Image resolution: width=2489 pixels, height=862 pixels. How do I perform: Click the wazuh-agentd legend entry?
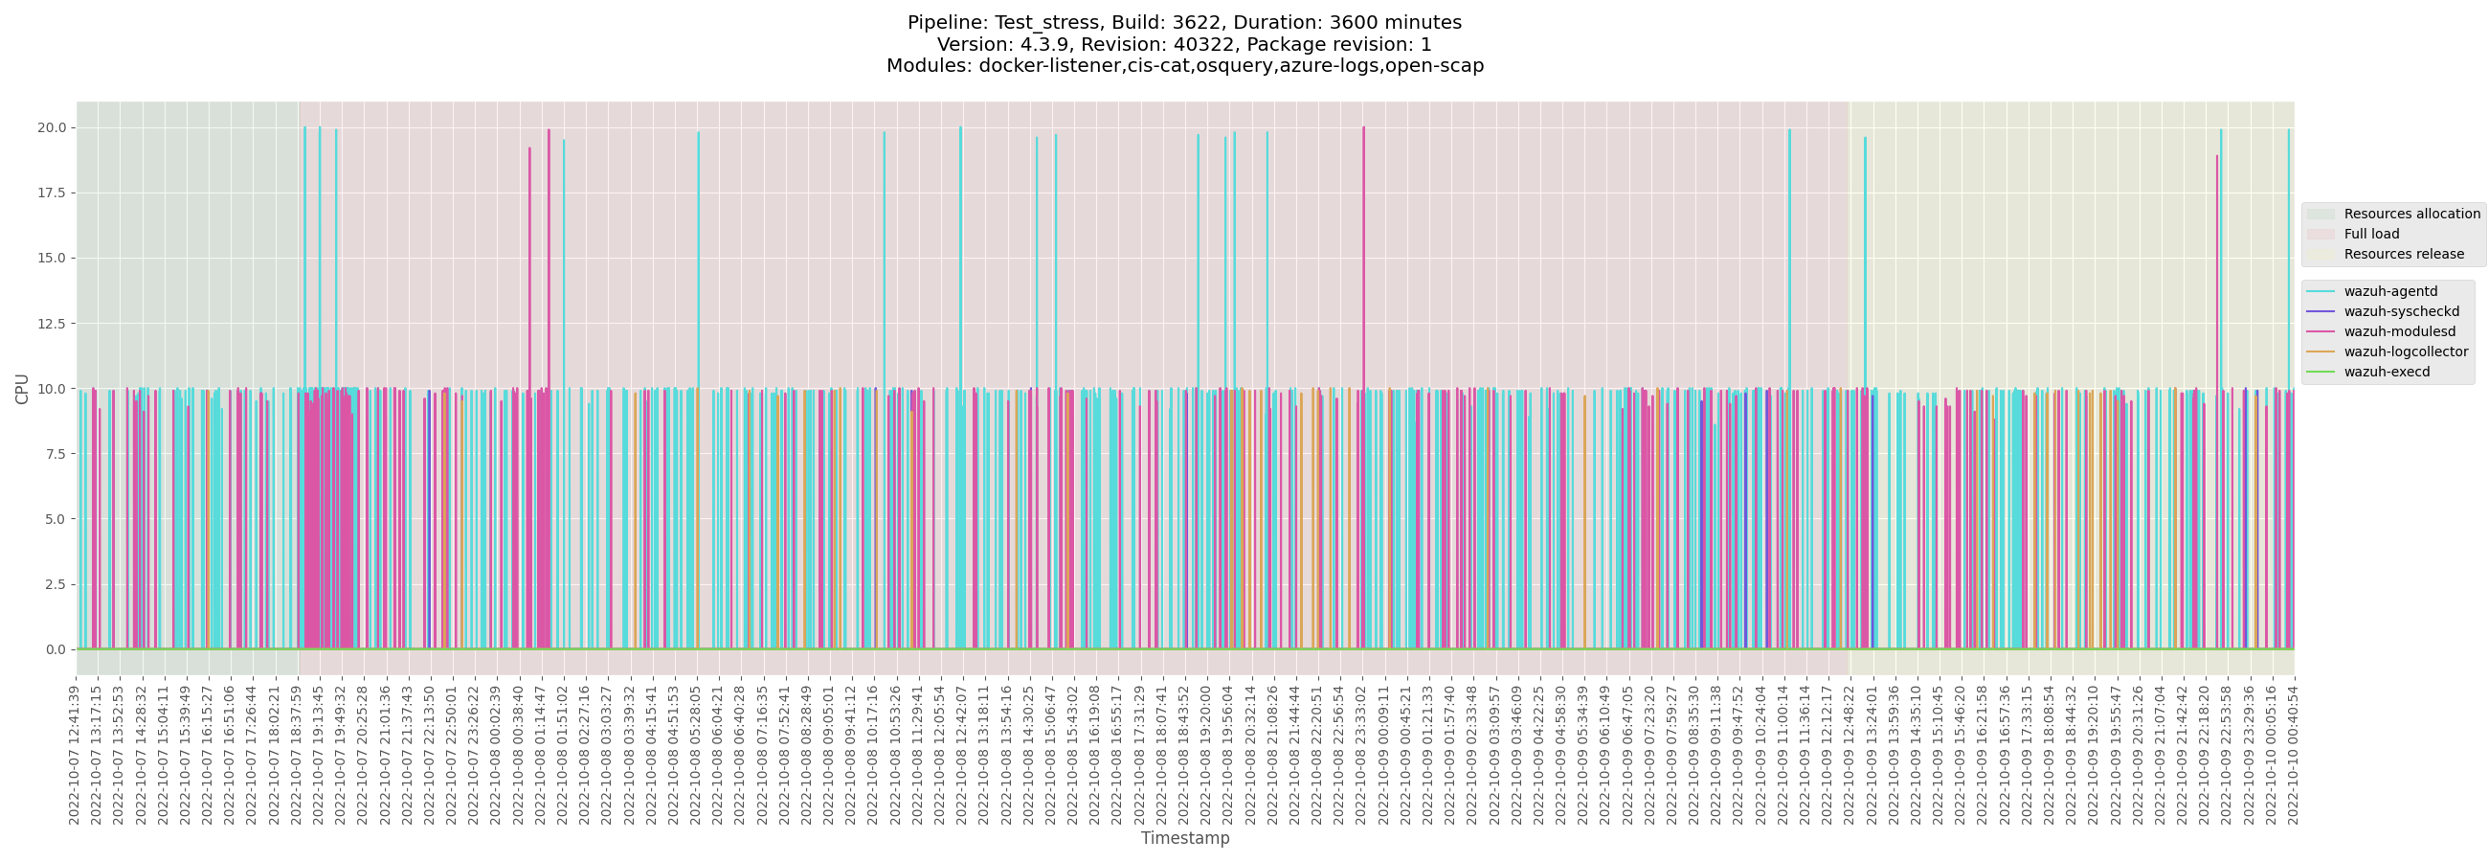point(2389,291)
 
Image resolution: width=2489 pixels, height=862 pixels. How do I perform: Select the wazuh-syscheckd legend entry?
point(2401,311)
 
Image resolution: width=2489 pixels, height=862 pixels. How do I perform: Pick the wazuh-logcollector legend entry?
point(2405,352)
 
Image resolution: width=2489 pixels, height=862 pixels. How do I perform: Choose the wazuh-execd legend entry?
point(2386,372)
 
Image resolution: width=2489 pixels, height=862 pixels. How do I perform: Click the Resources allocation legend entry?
point(2411,214)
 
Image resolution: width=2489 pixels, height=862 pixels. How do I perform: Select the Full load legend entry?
point(2371,234)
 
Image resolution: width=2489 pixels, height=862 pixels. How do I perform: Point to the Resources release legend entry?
point(2403,254)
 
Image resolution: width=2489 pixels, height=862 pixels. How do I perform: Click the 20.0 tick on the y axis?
point(51,127)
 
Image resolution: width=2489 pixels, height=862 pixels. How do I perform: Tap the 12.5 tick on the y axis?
point(51,324)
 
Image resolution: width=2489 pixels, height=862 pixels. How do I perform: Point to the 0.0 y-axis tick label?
point(56,649)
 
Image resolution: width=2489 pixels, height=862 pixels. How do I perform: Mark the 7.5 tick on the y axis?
point(56,454)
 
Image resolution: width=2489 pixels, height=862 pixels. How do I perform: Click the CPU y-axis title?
point(21,389)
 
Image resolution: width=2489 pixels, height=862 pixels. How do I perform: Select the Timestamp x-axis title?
point(1184,838)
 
